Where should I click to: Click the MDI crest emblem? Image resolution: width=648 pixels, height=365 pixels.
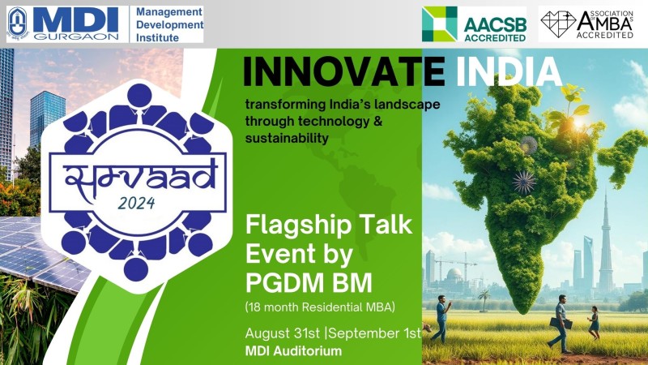18,24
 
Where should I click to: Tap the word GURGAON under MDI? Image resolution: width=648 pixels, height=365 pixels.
76,36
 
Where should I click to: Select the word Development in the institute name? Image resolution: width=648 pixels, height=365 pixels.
169,25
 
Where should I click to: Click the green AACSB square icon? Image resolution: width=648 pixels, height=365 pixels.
439,24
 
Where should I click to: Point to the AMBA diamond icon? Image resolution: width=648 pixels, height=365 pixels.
558,24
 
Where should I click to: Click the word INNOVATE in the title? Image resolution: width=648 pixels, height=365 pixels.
343,72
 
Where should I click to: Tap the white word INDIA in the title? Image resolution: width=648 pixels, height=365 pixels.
509,72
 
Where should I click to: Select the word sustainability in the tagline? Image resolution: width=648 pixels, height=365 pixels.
287,138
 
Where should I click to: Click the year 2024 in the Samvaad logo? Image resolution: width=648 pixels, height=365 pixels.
136,204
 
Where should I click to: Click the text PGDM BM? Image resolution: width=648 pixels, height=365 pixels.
309,283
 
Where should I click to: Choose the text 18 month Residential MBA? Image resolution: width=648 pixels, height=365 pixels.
320,307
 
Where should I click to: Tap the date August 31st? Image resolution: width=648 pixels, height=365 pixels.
283,333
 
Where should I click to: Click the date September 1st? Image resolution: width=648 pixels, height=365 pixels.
374,333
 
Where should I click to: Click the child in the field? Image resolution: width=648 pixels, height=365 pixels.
594,324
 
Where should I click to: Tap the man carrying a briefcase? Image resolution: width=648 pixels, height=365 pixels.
561,324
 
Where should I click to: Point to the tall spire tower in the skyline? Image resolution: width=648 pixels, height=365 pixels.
606,244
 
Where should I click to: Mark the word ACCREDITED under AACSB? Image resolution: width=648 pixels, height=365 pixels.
495,37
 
